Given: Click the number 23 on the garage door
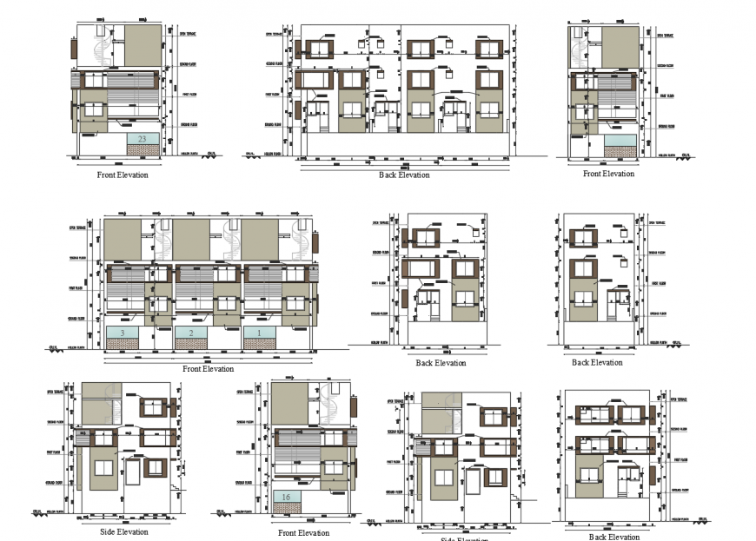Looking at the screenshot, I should pos(143,139).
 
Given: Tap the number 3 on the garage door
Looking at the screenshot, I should pos(123,333).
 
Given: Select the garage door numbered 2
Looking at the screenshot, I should pos(190,333).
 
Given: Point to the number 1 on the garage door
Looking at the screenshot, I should pos(258,333).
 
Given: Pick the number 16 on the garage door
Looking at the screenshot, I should pos(286,497).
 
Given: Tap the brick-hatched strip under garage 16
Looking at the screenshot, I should pos(287,508).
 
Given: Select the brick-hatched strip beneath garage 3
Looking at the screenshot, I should pos(123,344).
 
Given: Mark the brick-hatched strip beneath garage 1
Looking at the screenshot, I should pos(258,344).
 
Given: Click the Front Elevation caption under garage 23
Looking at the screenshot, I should pos(123,175).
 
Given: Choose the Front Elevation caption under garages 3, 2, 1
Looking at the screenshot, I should pos(209,369).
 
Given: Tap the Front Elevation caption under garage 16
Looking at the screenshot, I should pos(303,533).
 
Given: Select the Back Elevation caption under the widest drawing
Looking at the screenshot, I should pos(404,175).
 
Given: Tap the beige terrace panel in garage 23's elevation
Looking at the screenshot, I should pos(143,46).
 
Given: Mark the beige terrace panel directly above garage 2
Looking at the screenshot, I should pos(191,239).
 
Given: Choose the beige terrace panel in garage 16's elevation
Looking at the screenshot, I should pos(291,405).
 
